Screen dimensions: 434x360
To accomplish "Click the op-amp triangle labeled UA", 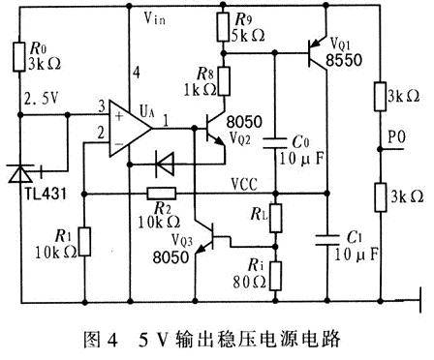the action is click(129, 129).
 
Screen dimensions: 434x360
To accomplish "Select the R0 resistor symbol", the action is click(18, 56).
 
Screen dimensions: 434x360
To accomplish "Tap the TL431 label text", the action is click(46, 194).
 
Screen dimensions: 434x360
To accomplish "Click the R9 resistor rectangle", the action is click(223, 27).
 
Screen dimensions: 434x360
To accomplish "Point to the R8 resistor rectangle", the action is click(224, 81).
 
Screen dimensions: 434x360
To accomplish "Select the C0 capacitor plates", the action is click(275, 143).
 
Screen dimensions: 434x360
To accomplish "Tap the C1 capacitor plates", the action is click(327, 240).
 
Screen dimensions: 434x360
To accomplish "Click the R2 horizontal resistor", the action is click(162, 194).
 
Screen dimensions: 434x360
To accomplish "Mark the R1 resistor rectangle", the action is click(84, 242).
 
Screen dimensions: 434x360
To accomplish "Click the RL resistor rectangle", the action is click(275, 218).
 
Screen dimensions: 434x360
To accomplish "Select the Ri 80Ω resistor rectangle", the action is click(275, 276).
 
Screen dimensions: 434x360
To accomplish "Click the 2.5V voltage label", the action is click(42, 99).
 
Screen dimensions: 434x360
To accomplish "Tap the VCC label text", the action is click(244, 184).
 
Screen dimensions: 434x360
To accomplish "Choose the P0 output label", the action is click(396, 137).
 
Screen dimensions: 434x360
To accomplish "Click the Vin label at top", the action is click(155, 18).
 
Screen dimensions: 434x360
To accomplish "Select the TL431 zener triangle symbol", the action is click(20, 174).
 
